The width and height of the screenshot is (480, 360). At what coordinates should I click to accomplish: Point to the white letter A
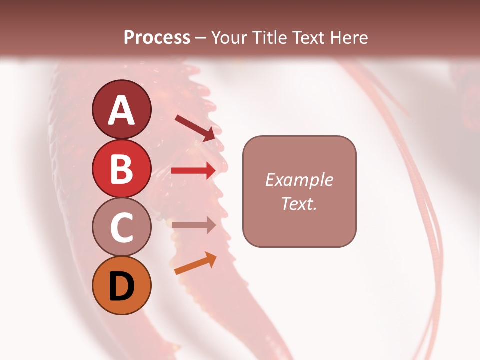122,110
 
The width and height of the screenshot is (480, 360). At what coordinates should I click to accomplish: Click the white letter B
122,169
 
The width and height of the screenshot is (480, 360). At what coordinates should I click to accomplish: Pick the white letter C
122,228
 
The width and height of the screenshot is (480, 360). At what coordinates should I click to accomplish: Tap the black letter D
122,286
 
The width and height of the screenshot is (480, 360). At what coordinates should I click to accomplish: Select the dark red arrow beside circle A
195,127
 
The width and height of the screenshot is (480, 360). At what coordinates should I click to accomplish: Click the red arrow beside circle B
193,171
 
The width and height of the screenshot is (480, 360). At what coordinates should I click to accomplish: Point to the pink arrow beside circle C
193,225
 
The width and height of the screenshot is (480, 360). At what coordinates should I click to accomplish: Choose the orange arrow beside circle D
195,264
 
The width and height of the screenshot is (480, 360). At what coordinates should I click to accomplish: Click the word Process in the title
157,38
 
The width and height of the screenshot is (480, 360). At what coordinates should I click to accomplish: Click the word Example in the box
299,180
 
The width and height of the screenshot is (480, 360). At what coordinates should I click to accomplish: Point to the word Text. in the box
299,203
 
